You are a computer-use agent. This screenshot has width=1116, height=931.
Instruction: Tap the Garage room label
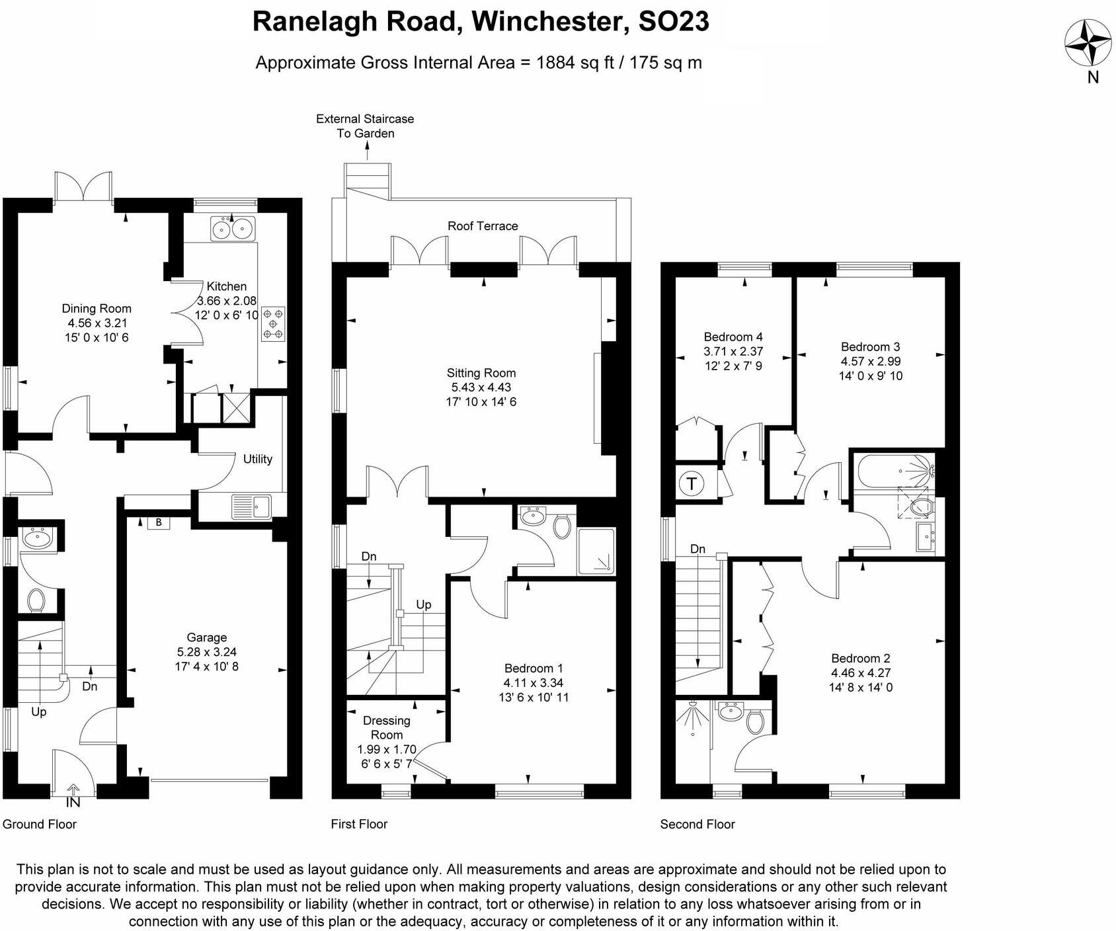pos(206,637)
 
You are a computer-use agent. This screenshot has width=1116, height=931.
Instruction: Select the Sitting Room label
pos(481,373)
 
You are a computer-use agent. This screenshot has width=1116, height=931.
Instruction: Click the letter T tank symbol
pos(692,483)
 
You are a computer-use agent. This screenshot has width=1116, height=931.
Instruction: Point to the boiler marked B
pos(159,522)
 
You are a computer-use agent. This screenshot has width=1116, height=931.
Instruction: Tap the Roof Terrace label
pos(483,226)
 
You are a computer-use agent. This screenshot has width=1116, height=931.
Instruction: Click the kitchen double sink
pos(232,229)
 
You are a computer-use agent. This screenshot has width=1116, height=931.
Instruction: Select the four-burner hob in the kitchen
pos(274,323)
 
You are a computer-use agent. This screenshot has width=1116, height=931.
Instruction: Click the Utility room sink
pos(251,507)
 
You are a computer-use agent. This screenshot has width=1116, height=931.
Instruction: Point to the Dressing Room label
pos(387,727)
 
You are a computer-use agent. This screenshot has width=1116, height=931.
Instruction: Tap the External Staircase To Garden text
pos(365,126)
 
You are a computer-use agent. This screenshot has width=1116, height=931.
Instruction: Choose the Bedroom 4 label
pos(733,337)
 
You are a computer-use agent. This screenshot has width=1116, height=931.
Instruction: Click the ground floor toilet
pos(36,600)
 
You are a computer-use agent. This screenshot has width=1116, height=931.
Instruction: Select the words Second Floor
pos(697,824)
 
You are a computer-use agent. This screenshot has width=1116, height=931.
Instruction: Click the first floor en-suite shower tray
pos(596,550)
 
